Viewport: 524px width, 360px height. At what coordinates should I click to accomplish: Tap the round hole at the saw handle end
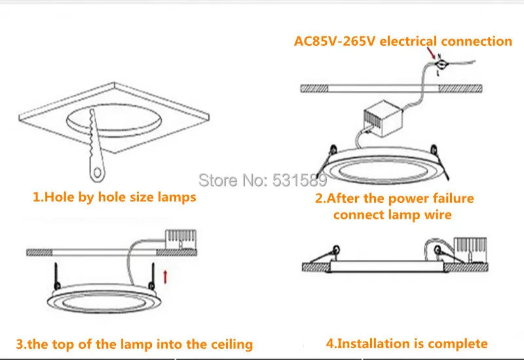pos(97,173)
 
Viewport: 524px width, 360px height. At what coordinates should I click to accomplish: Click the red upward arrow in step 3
pos(164,276)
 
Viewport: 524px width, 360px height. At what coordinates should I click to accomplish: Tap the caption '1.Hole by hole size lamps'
pos(115,196)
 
